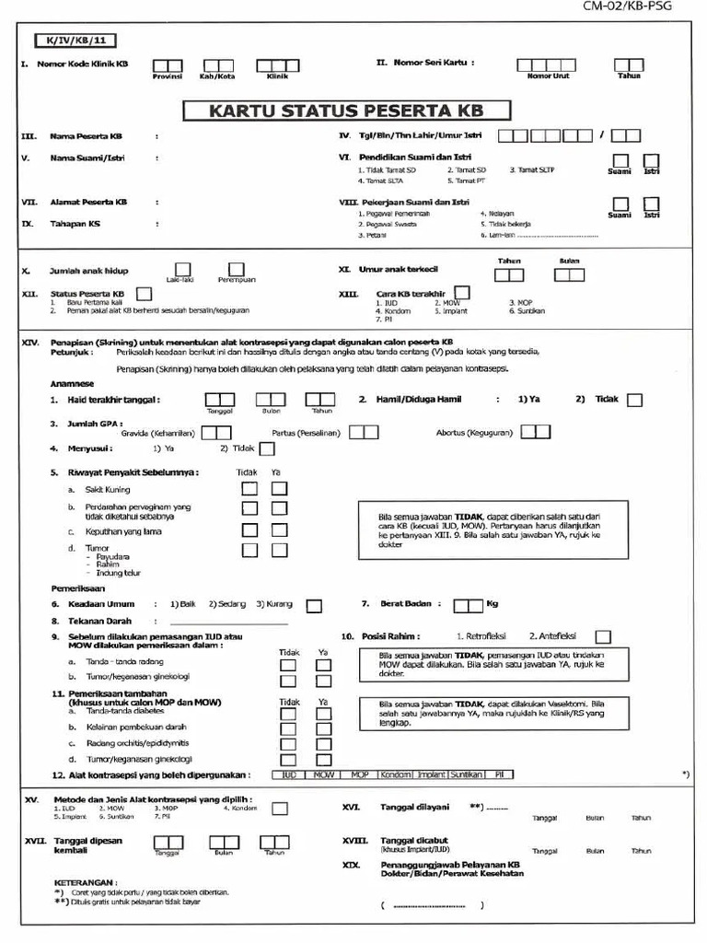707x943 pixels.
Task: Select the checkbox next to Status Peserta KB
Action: pyautogui.click(x=143, y=294)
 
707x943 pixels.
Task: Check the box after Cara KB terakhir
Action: pyautogui.click(x=462, y=293)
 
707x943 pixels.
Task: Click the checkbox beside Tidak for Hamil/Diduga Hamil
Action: pyautogui.click(x=634, y=400)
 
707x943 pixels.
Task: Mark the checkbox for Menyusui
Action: pyautogui.click(x=267, y=448)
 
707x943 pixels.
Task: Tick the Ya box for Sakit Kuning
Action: pyautogui.click(x=279, y=488)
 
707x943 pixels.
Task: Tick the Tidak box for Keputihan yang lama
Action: pyautogui.click(x=250, y=530)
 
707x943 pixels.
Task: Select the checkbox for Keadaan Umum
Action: pyautogui.click(x=314, y=605)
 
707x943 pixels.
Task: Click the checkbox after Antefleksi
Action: pyautogui.click(x=603, y=636)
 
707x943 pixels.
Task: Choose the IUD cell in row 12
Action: pyautogui.click(x=288, y=775)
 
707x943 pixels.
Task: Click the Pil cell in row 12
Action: pyautogui.click(x=498, y=775)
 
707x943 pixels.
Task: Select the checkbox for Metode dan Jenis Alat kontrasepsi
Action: pyautogui.click(x=279, y=808)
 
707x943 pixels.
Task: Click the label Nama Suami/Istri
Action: pyautogui.click(x=87, y=157)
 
